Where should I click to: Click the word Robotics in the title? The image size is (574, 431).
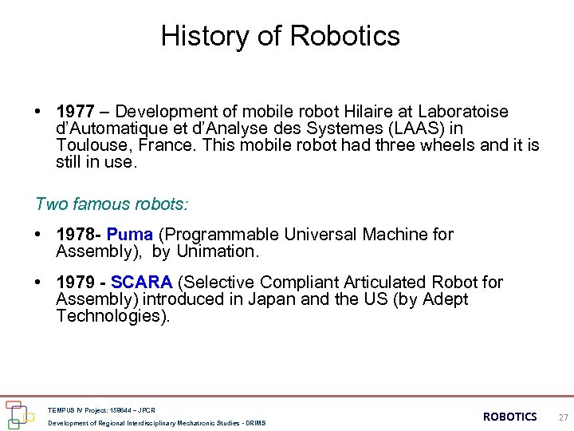pos(345,36)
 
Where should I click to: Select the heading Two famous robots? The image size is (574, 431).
pos(112,204)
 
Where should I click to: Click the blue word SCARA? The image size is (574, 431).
pos(142,283)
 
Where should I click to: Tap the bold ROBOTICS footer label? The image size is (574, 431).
pos(510,417)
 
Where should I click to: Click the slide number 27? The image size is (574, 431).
pos(563,417)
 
